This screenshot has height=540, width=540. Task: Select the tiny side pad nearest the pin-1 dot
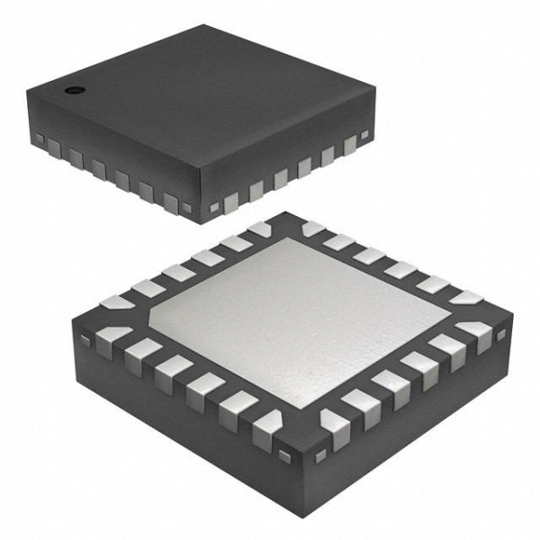[40, 138]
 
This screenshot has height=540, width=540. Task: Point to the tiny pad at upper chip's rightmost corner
[364, 136]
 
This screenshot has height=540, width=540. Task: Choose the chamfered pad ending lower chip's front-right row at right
[476, 335]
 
